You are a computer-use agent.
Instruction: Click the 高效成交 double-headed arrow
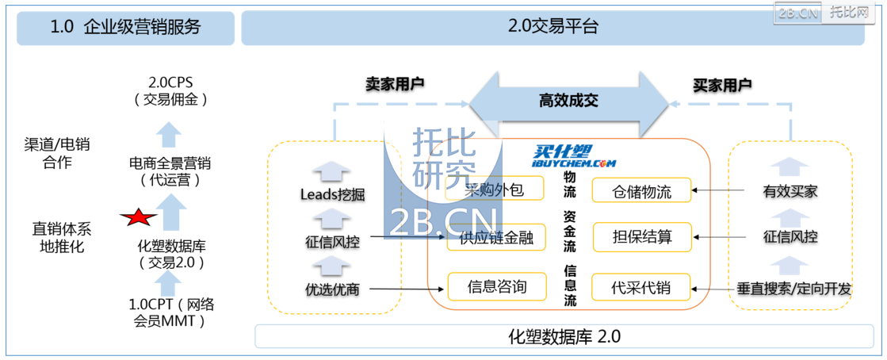[x=569, y=101]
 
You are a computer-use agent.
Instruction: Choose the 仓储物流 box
[x=641, y=190]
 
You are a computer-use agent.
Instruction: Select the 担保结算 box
[x=641, y=236]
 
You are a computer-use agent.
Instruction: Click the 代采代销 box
[x=641, y=287]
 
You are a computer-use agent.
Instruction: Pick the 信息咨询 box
[x=497, y=285]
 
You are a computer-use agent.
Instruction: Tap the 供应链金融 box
[x=497, y=237]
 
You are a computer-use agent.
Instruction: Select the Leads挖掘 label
[x=332, y=195]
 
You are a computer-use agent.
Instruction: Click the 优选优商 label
[x=332, y=290]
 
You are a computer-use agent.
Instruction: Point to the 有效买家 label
[x=790, y=192]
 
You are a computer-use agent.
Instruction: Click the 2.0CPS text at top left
[x=170, y=82]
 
